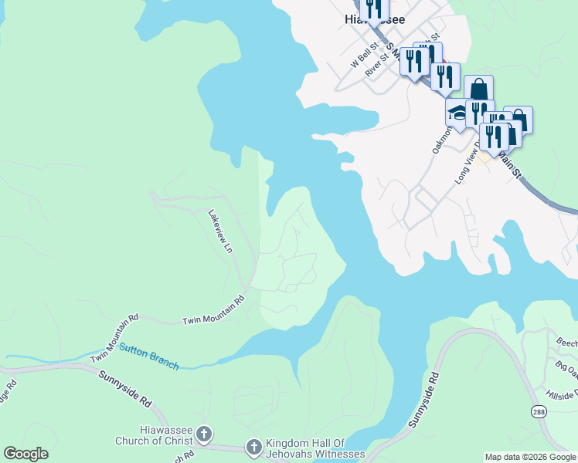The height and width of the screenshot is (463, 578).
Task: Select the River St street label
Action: pos(376,65)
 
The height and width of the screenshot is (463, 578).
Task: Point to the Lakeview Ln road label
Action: pos(219,231)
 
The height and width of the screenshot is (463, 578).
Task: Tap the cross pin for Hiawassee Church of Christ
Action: pos(204,434)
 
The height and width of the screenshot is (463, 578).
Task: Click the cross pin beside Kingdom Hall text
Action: pos(253,446)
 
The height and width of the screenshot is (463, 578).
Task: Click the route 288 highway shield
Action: pos(538,413)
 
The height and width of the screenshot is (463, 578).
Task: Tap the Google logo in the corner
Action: pos(25,454)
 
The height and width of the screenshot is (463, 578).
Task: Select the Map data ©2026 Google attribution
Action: pos(530,457)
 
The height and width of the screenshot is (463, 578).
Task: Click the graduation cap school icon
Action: pos(457,113)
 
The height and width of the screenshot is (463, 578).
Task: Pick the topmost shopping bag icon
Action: pos(478,89)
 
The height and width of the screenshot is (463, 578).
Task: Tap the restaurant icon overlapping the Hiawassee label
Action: pos(375,9)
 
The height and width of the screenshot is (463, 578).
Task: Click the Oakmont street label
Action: pos(441,134)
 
